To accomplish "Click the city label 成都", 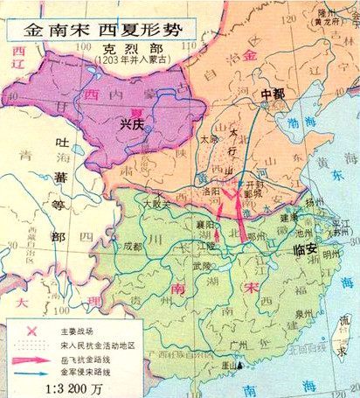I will pyautogui.click(x=132, y=247).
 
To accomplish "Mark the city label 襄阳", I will pyautogui.click(x=206, y=224).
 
